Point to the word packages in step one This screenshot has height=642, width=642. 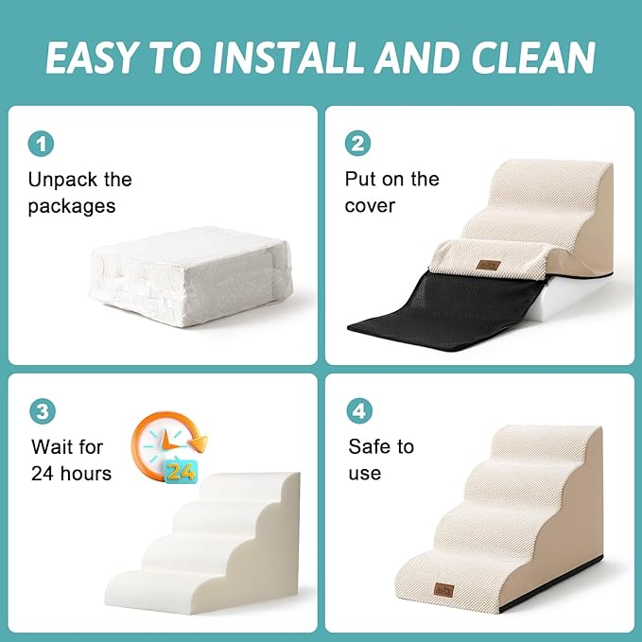pyautogui.click(x=72, y=206)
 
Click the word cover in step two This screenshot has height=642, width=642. pyautogui.click(x=370, y=206)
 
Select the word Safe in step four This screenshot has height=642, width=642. pyautogui.click(x=369, y=446)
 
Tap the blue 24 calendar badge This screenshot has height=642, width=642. pyautogui.click(x=181, y=470)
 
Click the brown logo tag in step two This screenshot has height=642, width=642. pyautogui.click(x=488, y=265)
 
